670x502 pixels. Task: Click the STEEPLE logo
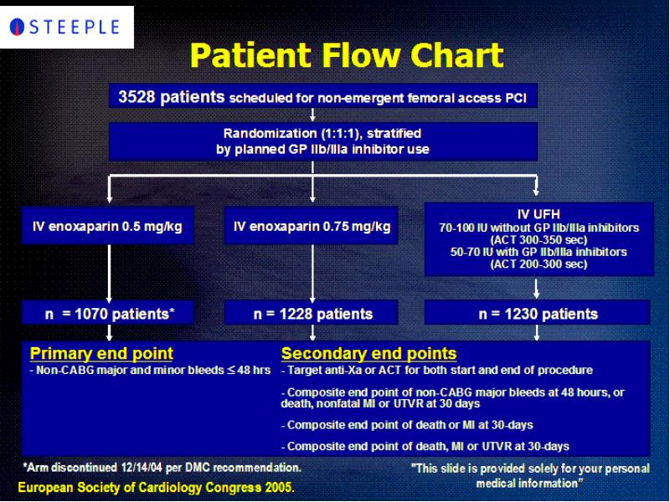[x=64, y=27]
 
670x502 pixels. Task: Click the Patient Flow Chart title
[x=347, y=55]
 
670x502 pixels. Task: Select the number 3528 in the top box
[x=137, y=96]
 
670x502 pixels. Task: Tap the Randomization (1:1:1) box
[x=323, y=141]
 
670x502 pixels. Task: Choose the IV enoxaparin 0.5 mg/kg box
[x=108, y=226]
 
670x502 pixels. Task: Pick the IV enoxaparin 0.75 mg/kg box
[x=312, y=226]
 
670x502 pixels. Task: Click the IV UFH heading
[x=539, y=214]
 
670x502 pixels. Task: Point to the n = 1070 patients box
[x=108, y=313]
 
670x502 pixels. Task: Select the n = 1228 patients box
[x=312, y=313]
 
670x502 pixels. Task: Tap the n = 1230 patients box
[x=538, y=313]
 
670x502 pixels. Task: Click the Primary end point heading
[x=101, y=353]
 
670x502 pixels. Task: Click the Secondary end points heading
[x=368, y=353]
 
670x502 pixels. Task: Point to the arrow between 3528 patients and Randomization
[x=312, y=115]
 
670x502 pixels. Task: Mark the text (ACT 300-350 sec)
[x=539, y=239]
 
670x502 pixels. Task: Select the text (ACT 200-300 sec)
[x=539, y=264]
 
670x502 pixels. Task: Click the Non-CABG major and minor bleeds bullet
[x=150, y=370]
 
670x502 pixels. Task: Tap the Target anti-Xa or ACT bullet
[x=436, y=370]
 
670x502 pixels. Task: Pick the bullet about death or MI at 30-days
[x=407, y=425]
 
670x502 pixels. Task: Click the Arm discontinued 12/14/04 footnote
[x=162, y=468]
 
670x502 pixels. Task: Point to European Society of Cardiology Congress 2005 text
[x=157, y=488]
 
